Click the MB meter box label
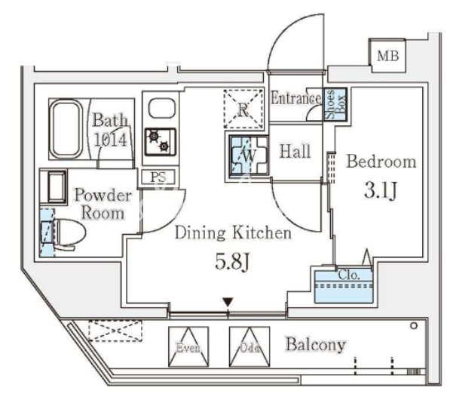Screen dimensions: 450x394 [x=387, y=56]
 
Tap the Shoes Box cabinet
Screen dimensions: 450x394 [x=335, y=104]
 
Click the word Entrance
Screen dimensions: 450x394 [x=296, y=98]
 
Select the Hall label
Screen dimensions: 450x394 [x=295, y=151]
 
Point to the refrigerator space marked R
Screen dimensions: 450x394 [x=243, y=109]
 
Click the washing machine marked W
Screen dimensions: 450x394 [x=249, y=155]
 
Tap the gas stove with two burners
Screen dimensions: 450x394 [x=160, y=142]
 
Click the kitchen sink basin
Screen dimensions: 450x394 [x=161, y=108]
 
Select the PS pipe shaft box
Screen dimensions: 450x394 [x=158, y=177]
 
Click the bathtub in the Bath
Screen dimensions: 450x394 [x=66, y=128]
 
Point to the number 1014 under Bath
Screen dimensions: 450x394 [x=111, y=140]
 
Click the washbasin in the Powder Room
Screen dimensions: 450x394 [x=57, y=186]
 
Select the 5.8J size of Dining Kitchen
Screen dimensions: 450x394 [x=232, y=262]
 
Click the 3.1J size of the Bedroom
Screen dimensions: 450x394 [x=381, y=189]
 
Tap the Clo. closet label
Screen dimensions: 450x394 [x=348, y=275]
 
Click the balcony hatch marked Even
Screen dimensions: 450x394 [x=188, y=346]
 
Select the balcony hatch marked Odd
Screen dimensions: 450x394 [x=249, y=346]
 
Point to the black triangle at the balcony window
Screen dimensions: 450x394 [x=228, y=303]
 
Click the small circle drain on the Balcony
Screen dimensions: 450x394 [x=414, y=326]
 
